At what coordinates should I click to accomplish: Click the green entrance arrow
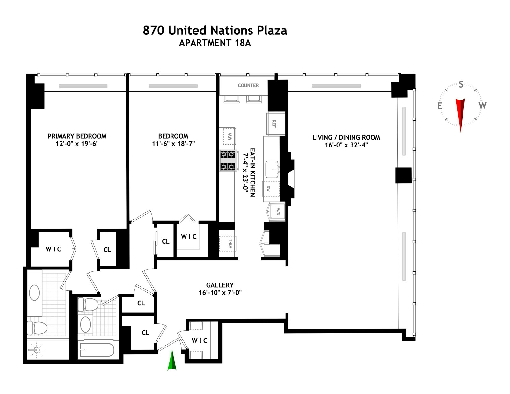[x=172, y=361]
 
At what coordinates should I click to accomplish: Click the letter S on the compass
[x=461, y=85]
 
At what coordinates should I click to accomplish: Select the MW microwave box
[x=229, y=136]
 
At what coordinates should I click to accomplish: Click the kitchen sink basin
[x=272, y=169]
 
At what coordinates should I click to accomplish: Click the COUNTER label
[x=248, y=85]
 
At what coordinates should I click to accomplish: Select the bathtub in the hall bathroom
[x=97, y=350]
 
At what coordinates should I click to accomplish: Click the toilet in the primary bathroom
[x=38, y=328]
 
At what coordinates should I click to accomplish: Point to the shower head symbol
[x=36, y=350]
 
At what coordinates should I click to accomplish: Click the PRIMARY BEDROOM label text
[x=77, y=136]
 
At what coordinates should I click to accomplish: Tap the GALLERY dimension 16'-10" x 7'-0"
[x=220, y=292]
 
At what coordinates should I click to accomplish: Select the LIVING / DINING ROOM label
[x=346, y=137]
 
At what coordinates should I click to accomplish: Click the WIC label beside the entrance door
[x=200, y=341]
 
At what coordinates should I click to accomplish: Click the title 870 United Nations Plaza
[x=215, y=31]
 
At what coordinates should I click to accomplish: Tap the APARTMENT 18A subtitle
[x=215, y=43]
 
